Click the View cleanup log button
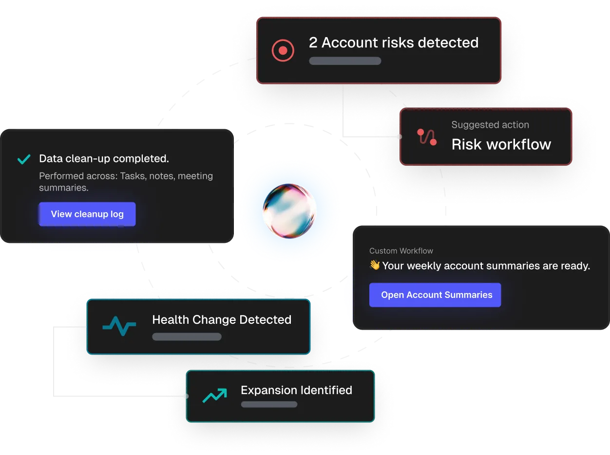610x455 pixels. click(x=87, y=214)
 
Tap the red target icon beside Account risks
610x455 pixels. click(x=283, y=50)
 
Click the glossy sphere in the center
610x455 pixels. click(x=290, y=211)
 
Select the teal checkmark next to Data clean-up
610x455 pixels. click(x=23, y=159)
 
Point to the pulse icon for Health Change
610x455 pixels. click(x=119, y=326)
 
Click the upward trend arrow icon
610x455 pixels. click(x=215, y=396)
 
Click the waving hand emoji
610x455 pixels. click(x=375, y=266)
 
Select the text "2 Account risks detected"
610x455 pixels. click(x=394, y=43)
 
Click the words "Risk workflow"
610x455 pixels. click(x=501, y=144)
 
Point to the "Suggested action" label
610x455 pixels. click(x=490, y=125)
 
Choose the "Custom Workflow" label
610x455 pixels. click(x=401, y=251)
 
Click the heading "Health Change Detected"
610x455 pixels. click(x=222, y=320)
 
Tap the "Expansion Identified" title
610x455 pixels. click(x=296, y=390)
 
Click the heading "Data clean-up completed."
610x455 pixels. click(x=104, y=158)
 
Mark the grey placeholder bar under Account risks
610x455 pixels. click(x=345, y=61)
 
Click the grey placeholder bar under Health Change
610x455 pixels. click(x=187, y=336)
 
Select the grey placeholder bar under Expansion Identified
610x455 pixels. click(x=269, y=404)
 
